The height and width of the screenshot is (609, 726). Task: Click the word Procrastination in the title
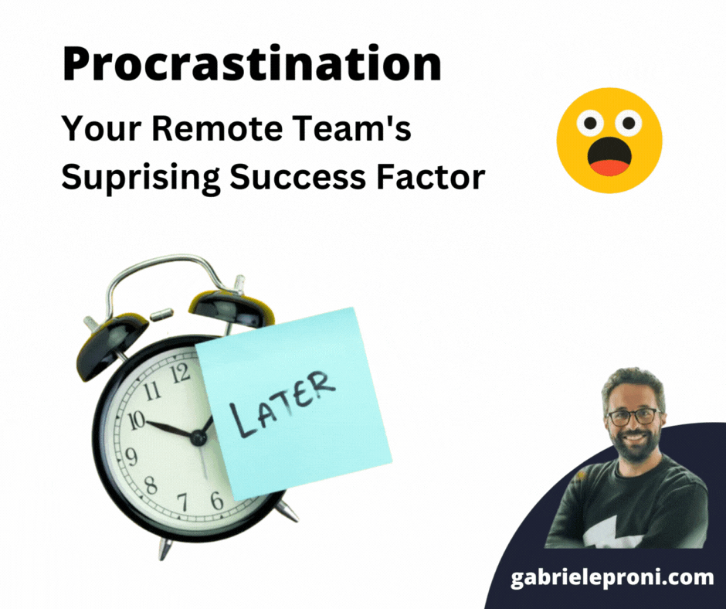(252, 66)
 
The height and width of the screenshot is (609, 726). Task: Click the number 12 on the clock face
(180, 374)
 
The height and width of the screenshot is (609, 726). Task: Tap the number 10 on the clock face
(137, 420)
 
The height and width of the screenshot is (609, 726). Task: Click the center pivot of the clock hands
(198, 438)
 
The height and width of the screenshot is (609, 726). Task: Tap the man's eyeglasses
(633, 417)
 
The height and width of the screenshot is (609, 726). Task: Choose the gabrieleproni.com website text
(612, 578)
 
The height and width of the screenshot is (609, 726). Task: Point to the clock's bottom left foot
(165, 548)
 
